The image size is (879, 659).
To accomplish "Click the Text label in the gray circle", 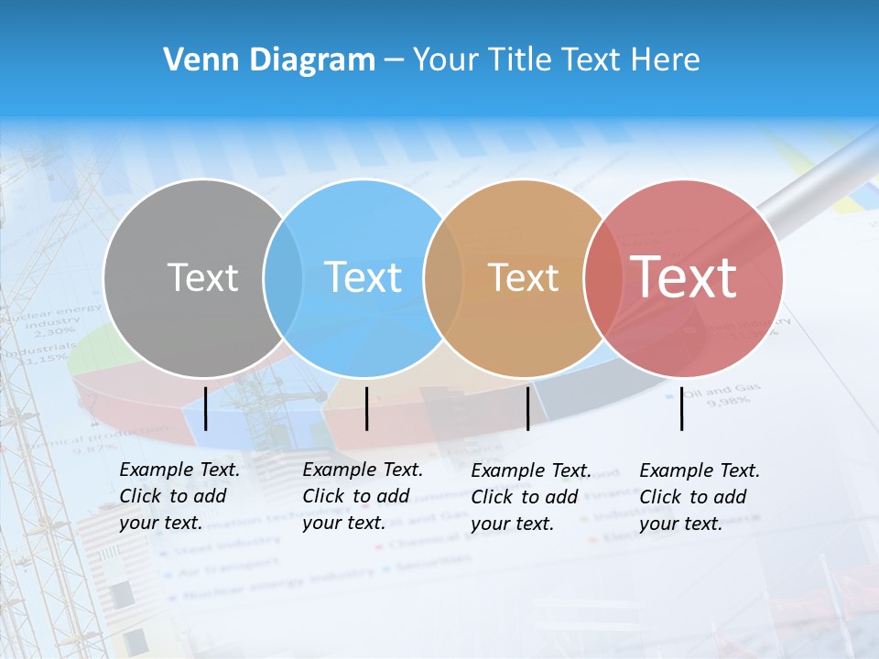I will pos(202,277).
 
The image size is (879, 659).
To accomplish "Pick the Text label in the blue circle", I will pos(363,277).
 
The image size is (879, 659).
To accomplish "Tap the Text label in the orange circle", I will pos(523,277).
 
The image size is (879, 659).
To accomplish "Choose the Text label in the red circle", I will pos(683,277).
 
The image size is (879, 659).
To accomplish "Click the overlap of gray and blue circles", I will pos(283,277).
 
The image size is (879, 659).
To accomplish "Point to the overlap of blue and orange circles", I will pos(443,277).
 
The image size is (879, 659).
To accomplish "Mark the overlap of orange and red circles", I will pos(603,277).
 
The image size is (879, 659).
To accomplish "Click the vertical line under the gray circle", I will pos(206,408).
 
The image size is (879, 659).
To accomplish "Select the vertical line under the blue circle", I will pos(366,408).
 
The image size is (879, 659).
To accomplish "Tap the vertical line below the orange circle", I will pos(527,408).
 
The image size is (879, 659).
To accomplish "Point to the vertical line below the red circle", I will pos(682,408).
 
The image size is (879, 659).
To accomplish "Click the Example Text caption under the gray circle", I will pos(179,496).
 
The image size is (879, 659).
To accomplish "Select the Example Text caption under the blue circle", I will pos(362,496).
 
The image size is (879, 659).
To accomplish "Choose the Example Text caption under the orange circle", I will pos(530,497).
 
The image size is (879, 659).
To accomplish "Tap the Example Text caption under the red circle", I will pos(699,497).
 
